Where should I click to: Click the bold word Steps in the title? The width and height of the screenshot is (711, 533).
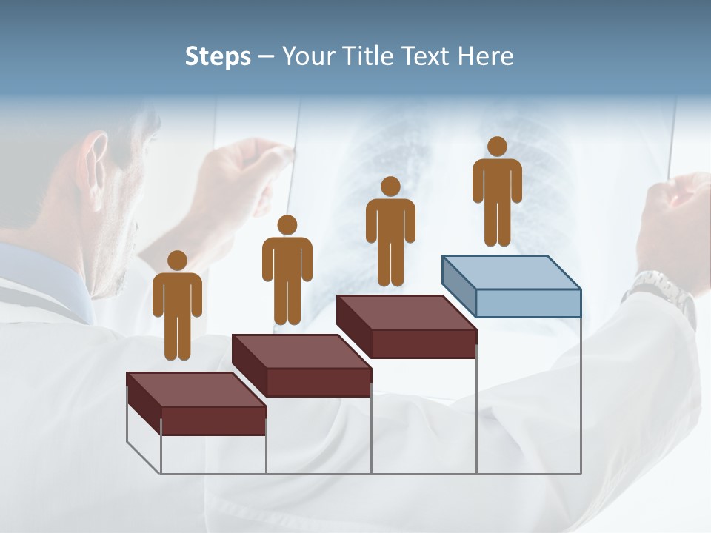pyautogui.click(x=217, y=57)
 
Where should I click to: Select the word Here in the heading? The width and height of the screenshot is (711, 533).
pyautogui.click(x=486, y=56)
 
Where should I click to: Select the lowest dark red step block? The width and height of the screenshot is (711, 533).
pyautogui.click(x=196, y=403)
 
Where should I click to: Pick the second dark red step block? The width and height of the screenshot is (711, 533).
pyautogui.click(x=301, y=365)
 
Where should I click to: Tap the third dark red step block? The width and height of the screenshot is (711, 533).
pyautogui.click(x=407, y=326)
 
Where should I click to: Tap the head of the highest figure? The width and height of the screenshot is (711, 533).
pyautogui.click(x=497, y=147)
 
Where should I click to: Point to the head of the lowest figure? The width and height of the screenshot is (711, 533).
pyautogui.click(x=177, y=261)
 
